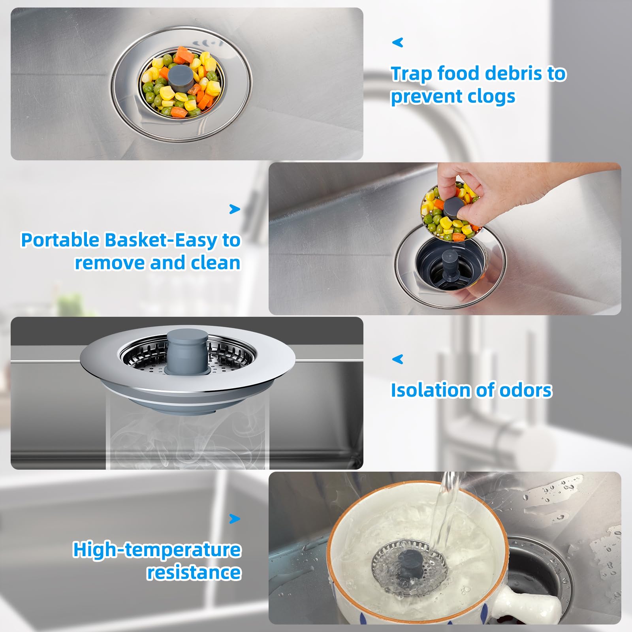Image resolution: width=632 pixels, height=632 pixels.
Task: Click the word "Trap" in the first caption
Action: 411,74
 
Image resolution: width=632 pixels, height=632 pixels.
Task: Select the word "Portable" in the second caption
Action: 60,240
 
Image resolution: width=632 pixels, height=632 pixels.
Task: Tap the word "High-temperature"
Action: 157,550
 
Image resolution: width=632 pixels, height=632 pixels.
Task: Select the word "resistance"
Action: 194,573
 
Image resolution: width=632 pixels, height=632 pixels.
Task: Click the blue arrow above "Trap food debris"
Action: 397,42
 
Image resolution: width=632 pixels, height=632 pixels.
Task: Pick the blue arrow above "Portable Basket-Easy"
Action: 235,209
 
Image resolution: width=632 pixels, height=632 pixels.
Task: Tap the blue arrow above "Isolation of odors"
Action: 397,359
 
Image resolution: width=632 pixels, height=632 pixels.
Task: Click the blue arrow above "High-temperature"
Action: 235,518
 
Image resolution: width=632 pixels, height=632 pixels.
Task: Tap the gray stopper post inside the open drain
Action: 450,263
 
